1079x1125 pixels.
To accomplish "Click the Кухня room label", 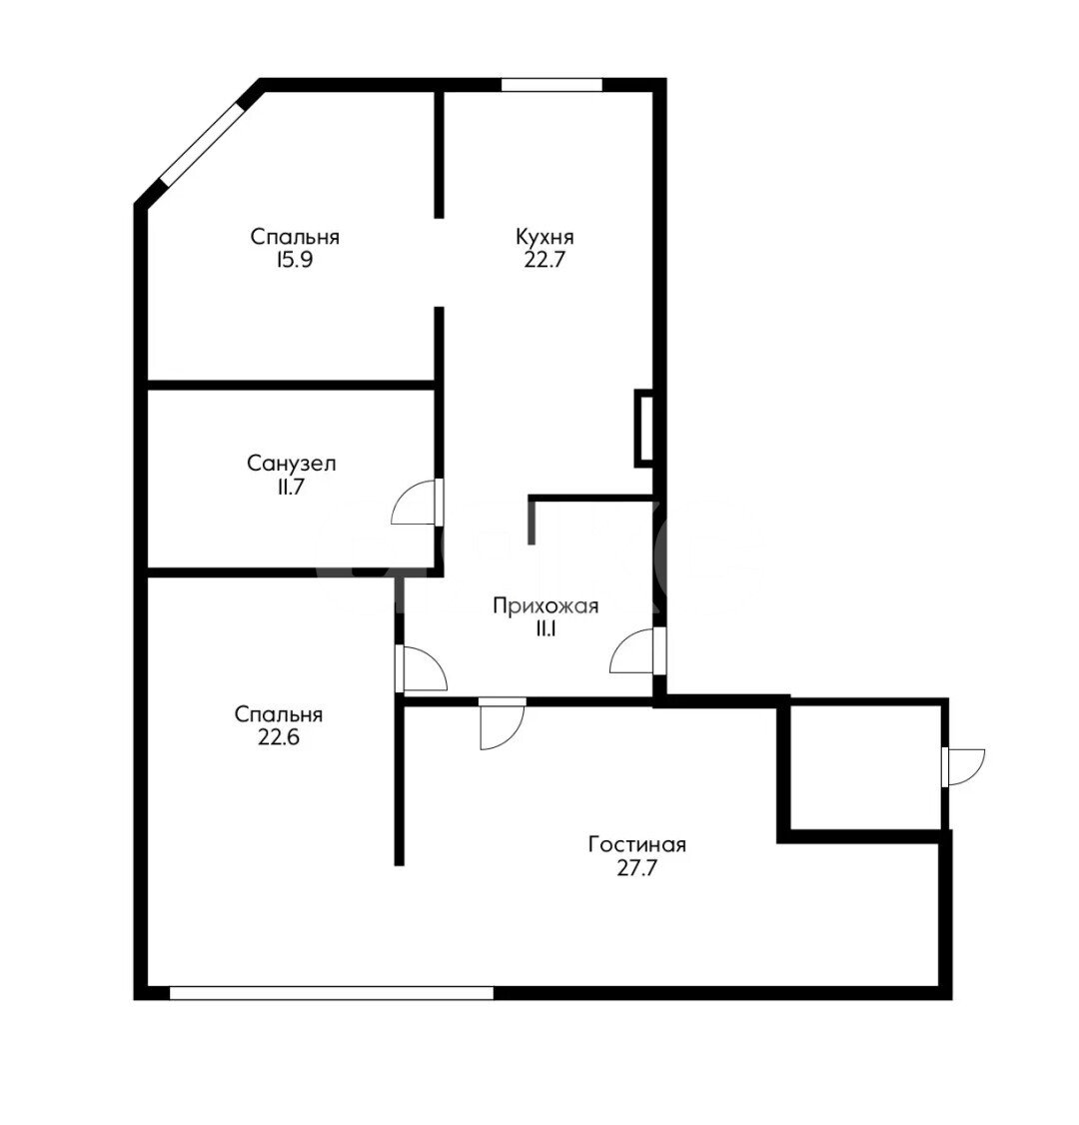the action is [544, 237].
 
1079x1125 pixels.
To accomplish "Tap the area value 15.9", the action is [294, 260].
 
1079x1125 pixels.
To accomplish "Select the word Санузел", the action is [292, 464].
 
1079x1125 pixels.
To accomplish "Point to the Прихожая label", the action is [545, 606].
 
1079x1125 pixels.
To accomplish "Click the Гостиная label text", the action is [637, 844].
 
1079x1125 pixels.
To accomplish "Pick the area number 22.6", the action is [279, 737].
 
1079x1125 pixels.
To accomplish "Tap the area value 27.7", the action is [637, 868].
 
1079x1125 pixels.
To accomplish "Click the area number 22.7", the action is [544, 260].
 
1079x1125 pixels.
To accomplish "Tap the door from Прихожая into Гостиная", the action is [502, 723].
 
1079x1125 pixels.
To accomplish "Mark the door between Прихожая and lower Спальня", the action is [421, 668].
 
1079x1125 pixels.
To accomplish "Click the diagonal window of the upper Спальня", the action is [202, 144].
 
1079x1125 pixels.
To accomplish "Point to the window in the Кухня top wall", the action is [550, 85].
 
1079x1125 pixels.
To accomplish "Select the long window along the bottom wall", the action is [332, 993].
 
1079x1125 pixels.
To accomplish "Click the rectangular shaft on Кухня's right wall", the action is [643, 429].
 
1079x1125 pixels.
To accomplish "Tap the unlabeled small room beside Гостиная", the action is [866, 767].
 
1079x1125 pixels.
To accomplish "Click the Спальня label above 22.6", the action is [279, 714].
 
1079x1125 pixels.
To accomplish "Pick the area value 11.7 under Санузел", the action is [292, 487].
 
